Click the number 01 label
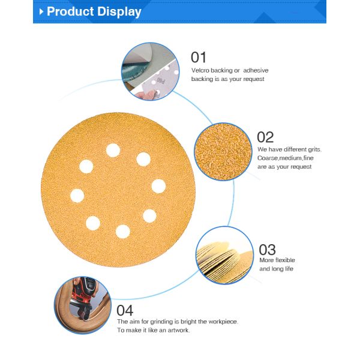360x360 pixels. coord(199,58)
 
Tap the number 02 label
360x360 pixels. coord(265,137)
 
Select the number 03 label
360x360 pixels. coord(267,249)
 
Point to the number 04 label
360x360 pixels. coord(125,310)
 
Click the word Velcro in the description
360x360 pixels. coord(201,71)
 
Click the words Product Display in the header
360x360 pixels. coord(94,11)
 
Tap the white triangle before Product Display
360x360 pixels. coord(41,11)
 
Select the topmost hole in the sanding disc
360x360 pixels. coord(112,150)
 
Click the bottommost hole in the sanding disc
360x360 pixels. coord(123,231)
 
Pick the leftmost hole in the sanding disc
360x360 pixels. coord(77,195)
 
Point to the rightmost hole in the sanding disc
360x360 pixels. coord(158,186)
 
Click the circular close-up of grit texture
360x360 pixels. coord(223,152)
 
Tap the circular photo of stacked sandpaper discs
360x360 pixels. coord(224,254)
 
